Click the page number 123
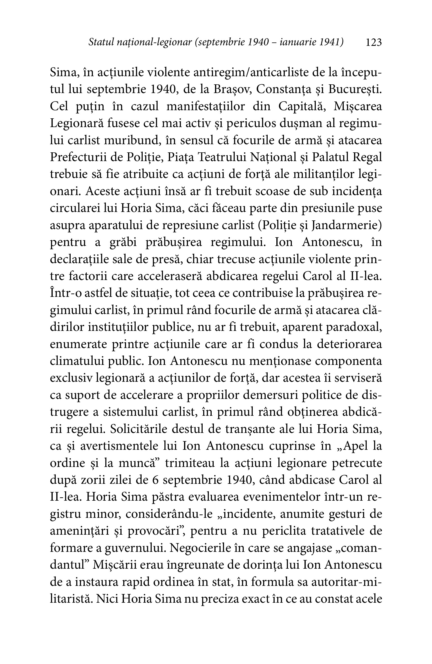(373, 42)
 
